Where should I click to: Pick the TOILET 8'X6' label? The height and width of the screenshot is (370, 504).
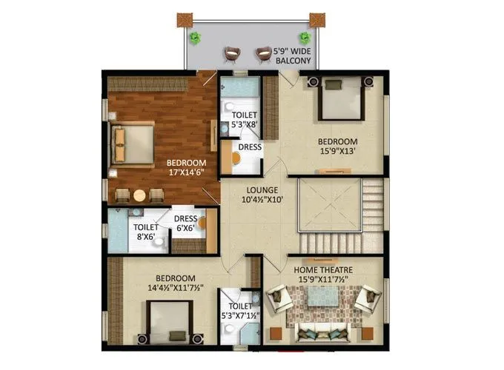pyautogui.click(x=145, y=233)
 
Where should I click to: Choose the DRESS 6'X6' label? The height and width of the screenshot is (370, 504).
pyautogui.click(x=185, y=223)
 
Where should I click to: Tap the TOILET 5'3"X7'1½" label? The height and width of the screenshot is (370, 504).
pyautogui.click(x=239, y=310)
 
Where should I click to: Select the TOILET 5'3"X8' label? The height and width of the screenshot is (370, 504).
pyautogui.click(x=244, y=120)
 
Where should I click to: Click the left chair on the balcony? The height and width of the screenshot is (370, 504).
pyautogui.click(x=233, y=53)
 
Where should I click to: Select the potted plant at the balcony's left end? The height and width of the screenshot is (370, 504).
pyautogui.click(x=194, y=38)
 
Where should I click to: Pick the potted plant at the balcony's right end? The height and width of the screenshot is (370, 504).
pyautogui.click(x=304, y=38)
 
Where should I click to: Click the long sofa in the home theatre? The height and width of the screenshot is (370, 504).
pyautogui.click(x=322, y=330)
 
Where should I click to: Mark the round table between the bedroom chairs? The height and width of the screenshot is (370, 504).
pyautogui.click(x=139, y=195)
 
